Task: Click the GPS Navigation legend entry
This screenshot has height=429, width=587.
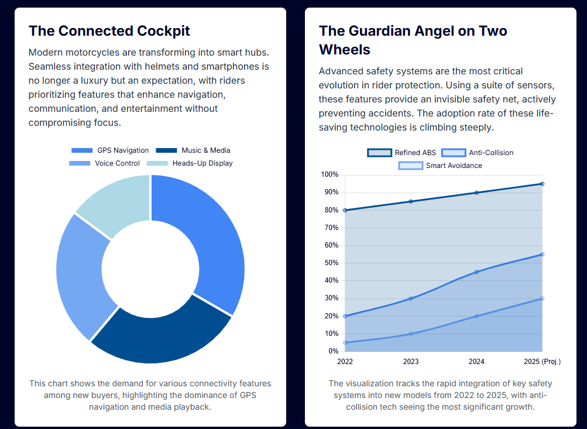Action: (110, 150)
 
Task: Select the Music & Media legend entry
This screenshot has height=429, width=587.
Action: (193, 150)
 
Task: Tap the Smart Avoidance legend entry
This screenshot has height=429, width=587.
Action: (440, 166)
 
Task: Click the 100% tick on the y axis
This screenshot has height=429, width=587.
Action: (330, 175)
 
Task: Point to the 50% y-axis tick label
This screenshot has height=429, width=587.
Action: (331, 263)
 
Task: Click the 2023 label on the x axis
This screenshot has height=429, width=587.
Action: (411, 362)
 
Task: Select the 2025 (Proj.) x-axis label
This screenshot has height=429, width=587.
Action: (543, 362)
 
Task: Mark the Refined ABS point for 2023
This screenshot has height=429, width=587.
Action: (411, 201)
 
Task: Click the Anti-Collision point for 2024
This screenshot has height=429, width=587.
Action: (476, 272)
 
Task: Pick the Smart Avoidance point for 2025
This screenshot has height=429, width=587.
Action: (543, 298)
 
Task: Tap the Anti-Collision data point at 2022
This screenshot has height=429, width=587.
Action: (345, 316)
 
